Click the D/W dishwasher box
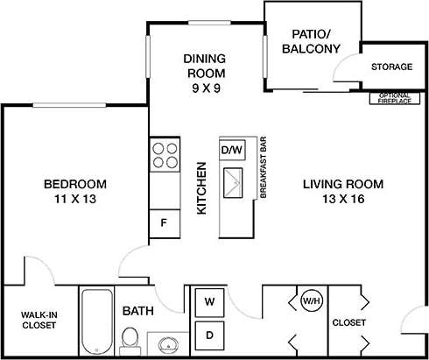[231, 150]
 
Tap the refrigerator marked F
[164, 222]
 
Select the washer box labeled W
[210, 302]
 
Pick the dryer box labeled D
[210, 334]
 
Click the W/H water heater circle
[310, 302]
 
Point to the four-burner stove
[164, 155]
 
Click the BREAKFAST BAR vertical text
[262, 168]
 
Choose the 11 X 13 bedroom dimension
[75, 200]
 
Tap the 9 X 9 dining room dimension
[204, 88]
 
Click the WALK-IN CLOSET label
[39, 320]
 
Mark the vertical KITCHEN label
[200, 187]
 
